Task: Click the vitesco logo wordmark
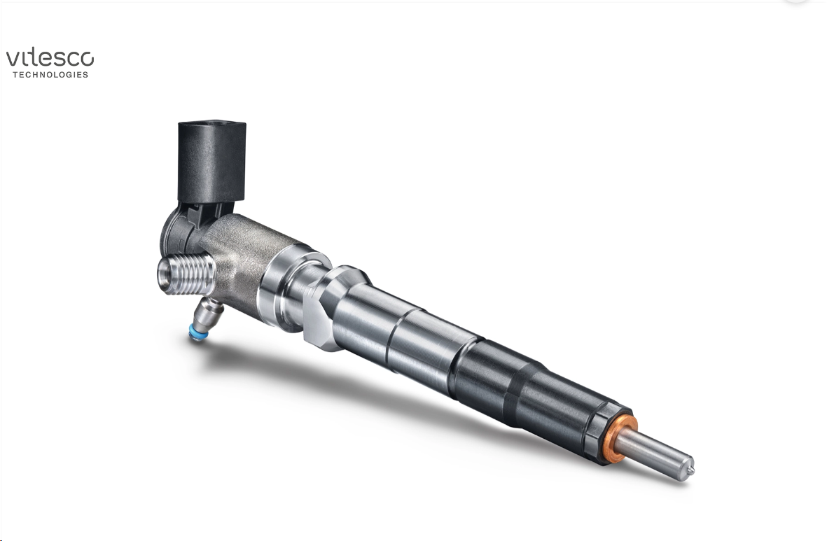pos(50,58)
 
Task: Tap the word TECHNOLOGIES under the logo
pos(50,75)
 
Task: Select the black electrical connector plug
pos(211,162)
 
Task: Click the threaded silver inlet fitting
pos(187,273)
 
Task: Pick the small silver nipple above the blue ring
pos(207,316)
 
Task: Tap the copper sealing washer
pos(621,439)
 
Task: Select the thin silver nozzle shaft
pos(655,453)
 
